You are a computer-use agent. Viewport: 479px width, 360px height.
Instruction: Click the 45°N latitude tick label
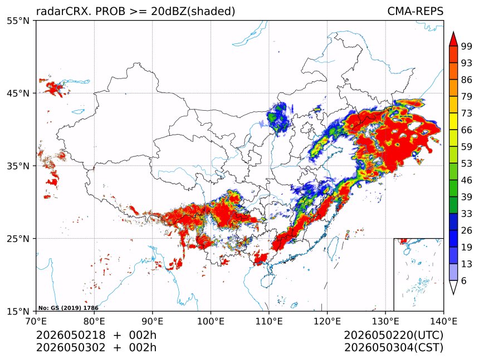(18, 93)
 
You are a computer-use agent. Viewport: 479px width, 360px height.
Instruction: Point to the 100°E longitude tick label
(211, 321)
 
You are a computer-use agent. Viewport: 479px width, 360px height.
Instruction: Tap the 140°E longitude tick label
(443, 321)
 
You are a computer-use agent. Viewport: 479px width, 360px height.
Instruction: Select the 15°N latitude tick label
(18, 311)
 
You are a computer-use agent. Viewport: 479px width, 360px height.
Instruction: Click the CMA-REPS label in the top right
(415, 11)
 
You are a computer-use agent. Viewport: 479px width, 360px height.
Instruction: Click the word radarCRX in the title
(64, 11)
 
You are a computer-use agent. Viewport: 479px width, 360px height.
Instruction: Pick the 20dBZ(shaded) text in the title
(193, 12)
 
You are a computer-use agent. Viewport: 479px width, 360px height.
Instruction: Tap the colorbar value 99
(467, 46)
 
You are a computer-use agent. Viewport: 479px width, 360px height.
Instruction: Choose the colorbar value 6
(464, 280)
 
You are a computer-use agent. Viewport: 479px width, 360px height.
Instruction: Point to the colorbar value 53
(467, 164)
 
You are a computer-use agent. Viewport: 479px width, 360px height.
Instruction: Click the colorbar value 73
(467, 113)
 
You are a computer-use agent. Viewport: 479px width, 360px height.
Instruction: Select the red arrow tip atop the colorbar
(453, 32)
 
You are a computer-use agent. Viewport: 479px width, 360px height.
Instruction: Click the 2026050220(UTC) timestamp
(394, 335)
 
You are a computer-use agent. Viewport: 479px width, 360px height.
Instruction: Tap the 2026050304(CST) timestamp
(394, 348)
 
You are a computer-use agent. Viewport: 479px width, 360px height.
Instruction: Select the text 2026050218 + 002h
(96, 335)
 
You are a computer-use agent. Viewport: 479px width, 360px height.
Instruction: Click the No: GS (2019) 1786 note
(69, 308)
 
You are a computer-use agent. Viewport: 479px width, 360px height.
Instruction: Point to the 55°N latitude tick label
(18, 21)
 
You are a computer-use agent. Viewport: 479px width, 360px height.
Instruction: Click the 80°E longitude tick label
(94, 321)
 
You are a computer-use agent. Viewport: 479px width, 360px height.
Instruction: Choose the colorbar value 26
(467, 230)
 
